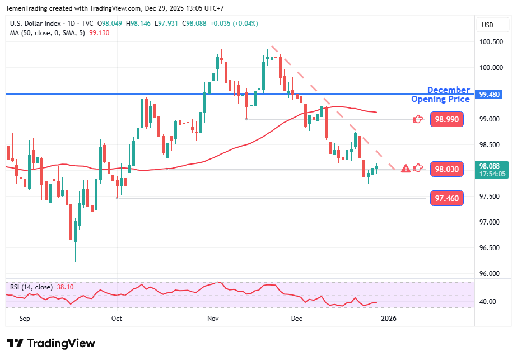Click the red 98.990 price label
click(x=447, y=119)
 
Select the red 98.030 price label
click(x=447, y=169)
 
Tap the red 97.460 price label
click(x=447, y=198)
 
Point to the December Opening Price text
click(x=441, y=95)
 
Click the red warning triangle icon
click(x=406, y=168)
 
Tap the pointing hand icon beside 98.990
click(x=418, y=119)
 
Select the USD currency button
click(x=487, y=25)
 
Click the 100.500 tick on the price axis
click(x=491, y=42)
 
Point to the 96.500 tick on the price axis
click(x=491, y=248)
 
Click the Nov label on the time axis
click(x=213, y=319)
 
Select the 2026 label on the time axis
click(x=388, y=319)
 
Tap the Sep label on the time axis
click(x=24, y=319)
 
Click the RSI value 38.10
click(x=64, y=287)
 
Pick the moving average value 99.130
click(x=99, y=33)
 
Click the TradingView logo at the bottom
click(x=51, y=343)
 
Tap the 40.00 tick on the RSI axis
click(x=489, y=302)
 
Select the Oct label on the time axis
click(x=117, y=319)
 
